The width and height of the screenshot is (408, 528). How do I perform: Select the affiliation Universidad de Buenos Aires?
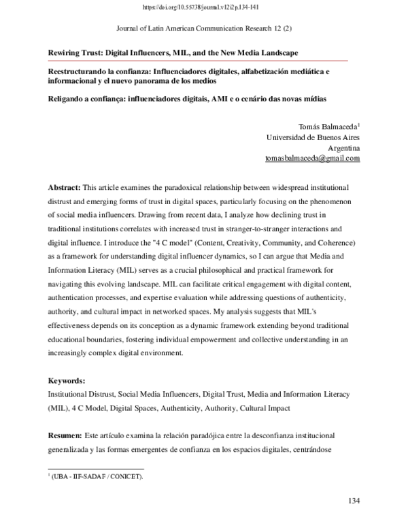[313, 136]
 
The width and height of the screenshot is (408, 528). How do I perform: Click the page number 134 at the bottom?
[353, 501]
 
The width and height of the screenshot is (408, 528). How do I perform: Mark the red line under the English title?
[197, 61]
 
